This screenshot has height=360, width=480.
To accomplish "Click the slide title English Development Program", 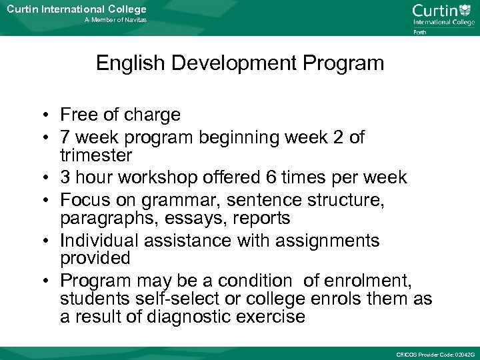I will [240, 63].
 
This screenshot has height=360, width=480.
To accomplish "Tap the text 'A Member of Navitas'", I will [115, 20].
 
